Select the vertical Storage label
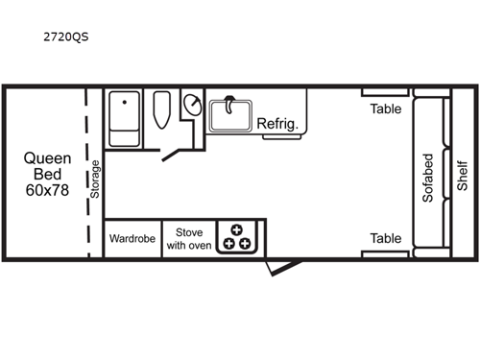coord(95,178)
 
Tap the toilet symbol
coord(161,113)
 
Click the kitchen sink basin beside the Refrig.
coord(229,115)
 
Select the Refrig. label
coord(277,124)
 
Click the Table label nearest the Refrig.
coord(386,108)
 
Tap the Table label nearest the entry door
coord(386,238)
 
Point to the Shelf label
coord(462,175)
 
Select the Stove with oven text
coord(188,238)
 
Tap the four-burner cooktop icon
coord(237,237)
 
